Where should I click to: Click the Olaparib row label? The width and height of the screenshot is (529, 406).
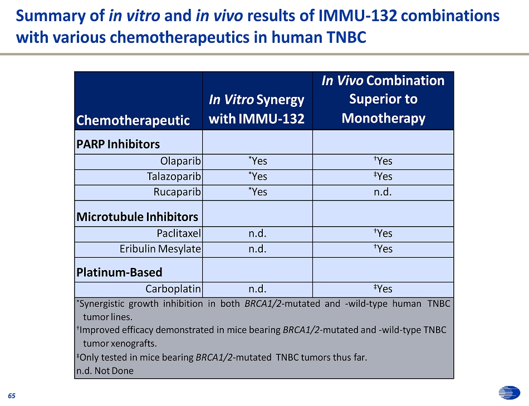point(180,162)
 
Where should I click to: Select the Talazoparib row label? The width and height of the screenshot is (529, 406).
point(174,177)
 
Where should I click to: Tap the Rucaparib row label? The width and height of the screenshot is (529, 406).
point(177,192)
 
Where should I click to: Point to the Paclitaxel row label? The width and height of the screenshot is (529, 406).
point(178,233)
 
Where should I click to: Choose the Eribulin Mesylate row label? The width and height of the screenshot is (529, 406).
point(160,249)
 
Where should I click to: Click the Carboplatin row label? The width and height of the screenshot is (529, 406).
point(173,289)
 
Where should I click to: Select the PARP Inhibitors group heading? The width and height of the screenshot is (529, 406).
point(117,144)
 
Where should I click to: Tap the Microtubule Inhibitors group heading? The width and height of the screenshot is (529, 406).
point(137,217)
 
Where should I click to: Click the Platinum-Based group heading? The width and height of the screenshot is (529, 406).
point(119,273)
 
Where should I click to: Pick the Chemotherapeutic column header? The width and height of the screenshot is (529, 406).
point(133,120)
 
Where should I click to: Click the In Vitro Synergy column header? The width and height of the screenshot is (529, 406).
point(257,109)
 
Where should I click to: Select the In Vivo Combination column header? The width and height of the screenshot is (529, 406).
point(383,100)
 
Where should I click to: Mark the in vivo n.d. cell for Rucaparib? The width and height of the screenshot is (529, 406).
point(383,192)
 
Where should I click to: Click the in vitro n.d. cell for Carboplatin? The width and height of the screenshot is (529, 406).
point(257,289)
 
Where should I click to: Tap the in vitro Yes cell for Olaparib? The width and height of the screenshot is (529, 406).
point(257,162)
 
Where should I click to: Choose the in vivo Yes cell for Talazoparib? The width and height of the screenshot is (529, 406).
point(383,177)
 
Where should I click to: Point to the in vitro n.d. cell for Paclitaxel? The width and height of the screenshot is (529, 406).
point(257,233)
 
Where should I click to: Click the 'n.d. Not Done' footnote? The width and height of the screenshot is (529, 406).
point(105,371)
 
